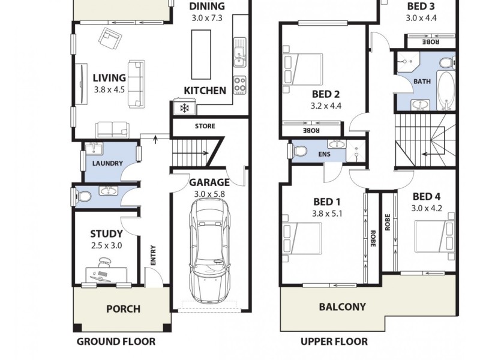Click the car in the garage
pos(209,252)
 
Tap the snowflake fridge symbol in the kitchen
pos(182,109)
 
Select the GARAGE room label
pos(209,182)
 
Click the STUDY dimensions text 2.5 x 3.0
pos(107,245)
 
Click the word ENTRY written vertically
pos(153,255)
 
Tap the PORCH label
pos(123,309)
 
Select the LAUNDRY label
pos(108,163)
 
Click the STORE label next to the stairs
pos(205,127)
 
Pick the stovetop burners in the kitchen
pos(239,85)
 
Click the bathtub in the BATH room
pos(446,90)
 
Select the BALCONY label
pos(342,307)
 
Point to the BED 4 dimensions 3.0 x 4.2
pos(427,208)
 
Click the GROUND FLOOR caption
pos(116,342)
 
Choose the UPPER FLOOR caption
pos(334,342)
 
